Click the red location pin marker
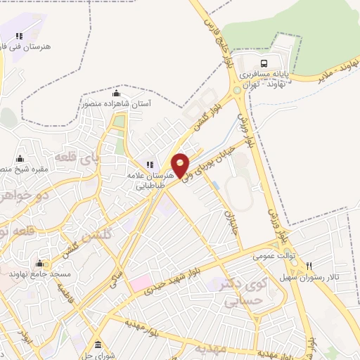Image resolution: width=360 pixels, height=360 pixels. (181, 164)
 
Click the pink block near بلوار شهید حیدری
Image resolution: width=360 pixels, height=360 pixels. (138, 285)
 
